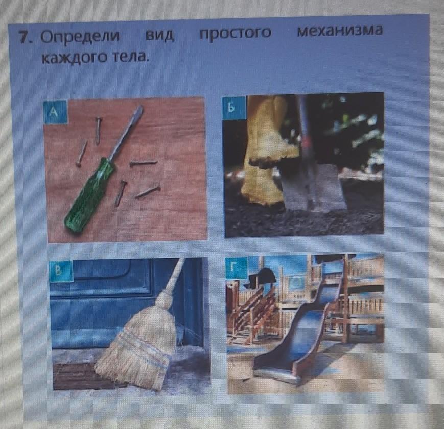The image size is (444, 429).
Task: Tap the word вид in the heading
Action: (x=159, y=35)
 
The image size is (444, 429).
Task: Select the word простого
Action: (x=236, y=33)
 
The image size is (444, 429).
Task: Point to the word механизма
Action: (x=340, y=31)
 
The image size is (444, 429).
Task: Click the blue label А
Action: (x=55, y=112)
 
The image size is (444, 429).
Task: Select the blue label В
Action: (x=61, y=271)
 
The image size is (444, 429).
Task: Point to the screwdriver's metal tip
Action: (x=139, y=109)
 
